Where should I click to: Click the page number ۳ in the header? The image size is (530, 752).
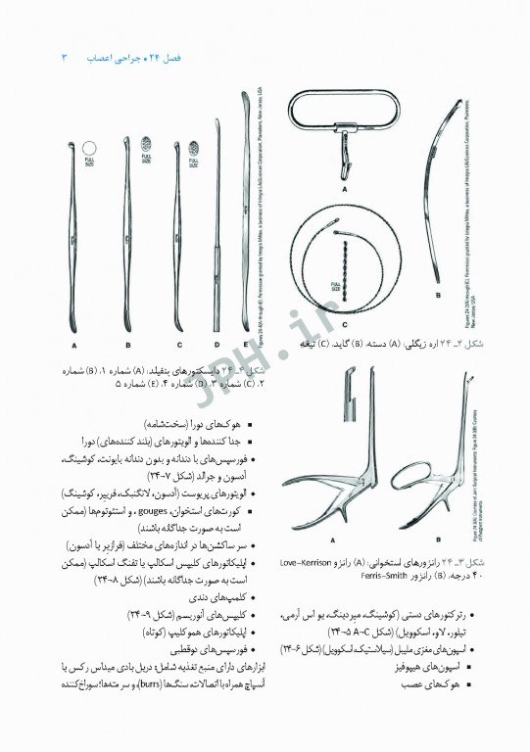click(65, 58)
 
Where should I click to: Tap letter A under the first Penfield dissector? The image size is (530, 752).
click(73, 345)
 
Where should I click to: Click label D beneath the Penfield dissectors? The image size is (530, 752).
click(217, 345)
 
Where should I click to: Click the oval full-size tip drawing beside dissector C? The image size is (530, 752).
click(191, 150)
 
